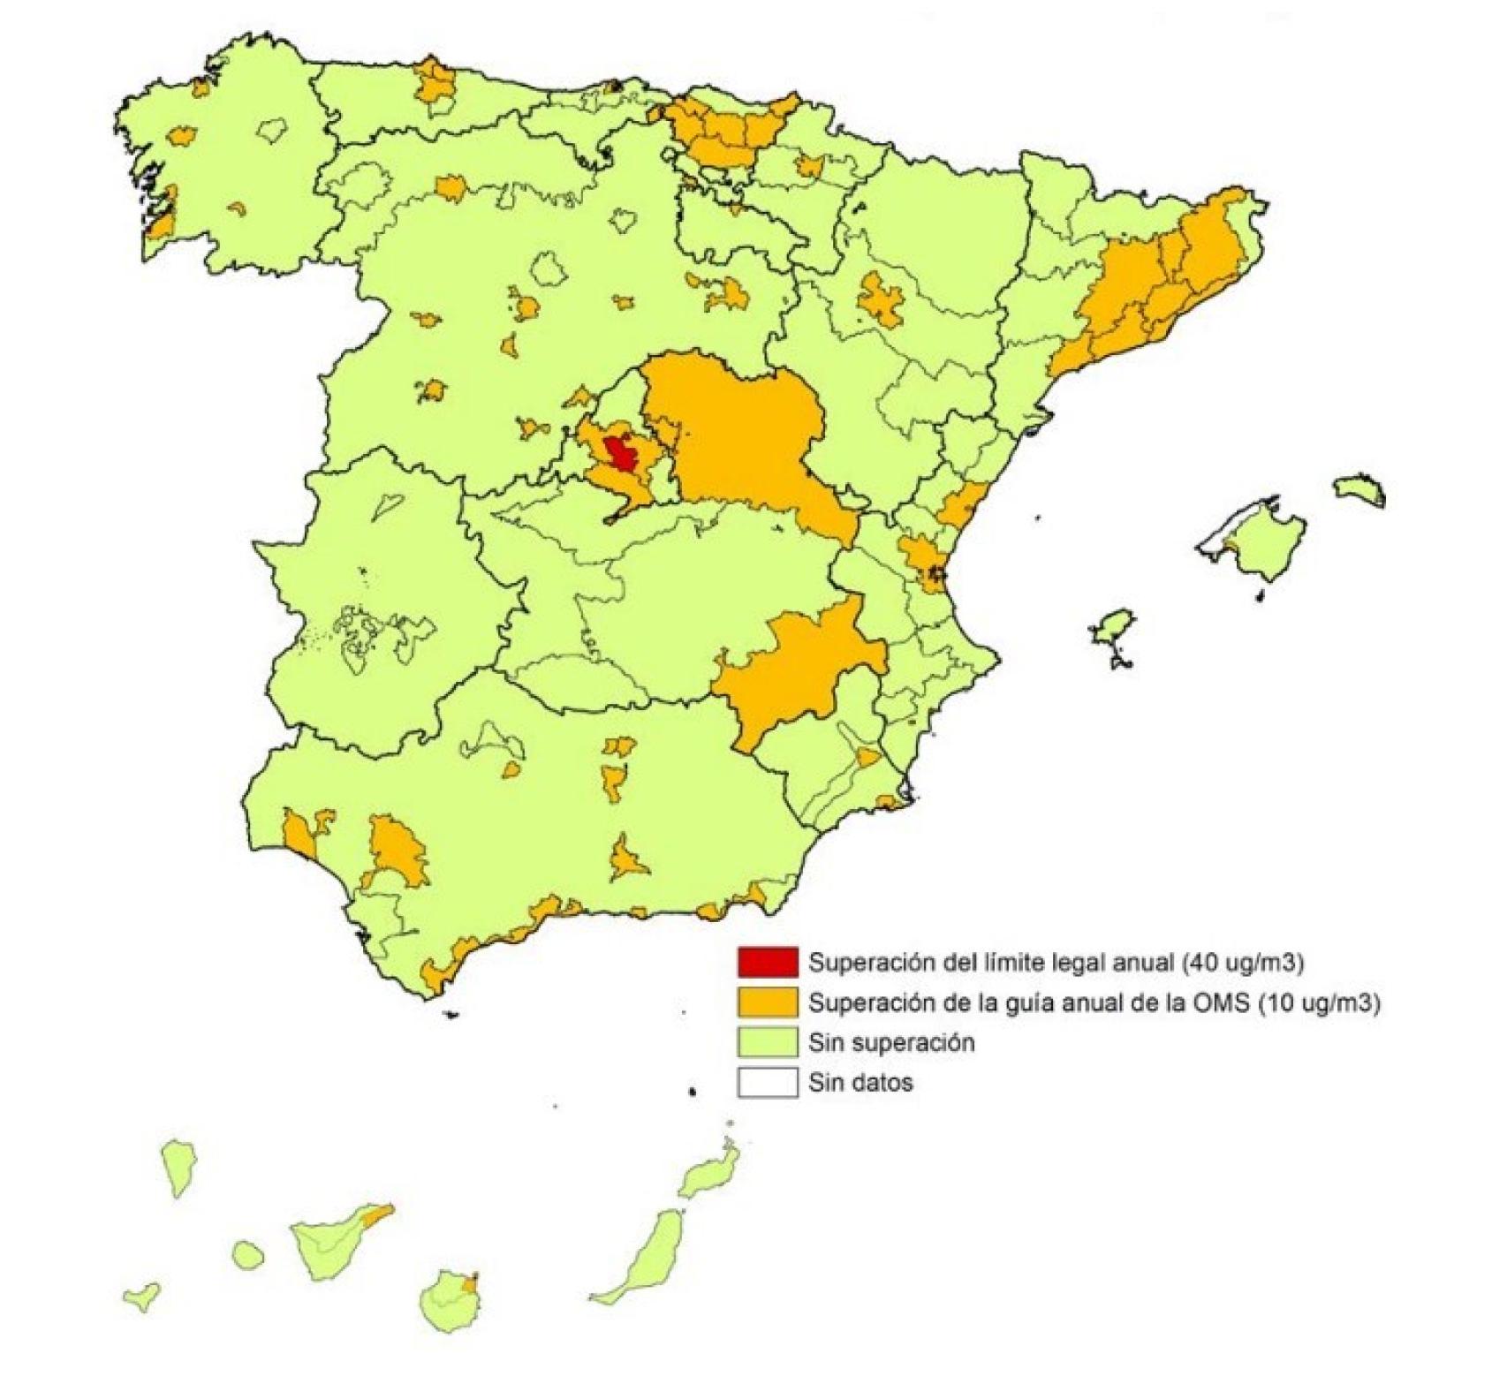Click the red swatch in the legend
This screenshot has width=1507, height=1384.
[x=767, y=963]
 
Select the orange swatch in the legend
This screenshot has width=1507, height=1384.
[x=767, y=1002]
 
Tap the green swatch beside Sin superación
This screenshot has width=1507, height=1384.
[x=767, y=1042]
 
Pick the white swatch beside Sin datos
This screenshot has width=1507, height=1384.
[x=767, y=1083]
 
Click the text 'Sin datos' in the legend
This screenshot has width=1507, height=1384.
[x=860, y=1083]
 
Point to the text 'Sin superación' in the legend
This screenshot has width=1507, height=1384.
[x=891, y=1042]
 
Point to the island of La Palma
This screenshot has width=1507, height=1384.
[x=178, y=1166]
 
